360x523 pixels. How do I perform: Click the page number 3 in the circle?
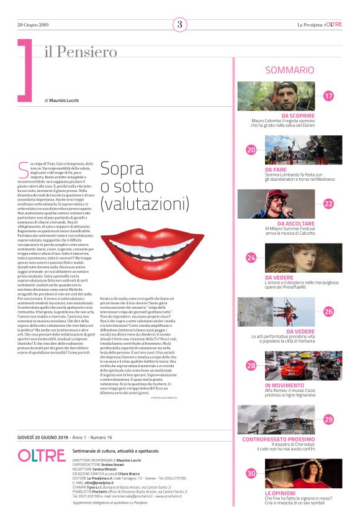(180, 25)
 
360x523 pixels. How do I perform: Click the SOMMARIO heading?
(289, 71)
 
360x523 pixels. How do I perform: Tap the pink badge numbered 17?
(328, 96)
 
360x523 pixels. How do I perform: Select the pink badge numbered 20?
(251, 150)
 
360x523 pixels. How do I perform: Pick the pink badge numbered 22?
(328, 204)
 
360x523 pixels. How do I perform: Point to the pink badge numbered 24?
(251, 257)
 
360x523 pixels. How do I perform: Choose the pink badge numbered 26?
(328, 311)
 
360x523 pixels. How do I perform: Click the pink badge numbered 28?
(251, 365)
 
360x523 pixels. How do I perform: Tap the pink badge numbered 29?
(328, 419)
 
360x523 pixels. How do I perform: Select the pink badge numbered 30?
(251, 473)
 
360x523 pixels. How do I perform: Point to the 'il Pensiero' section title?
(81, 52)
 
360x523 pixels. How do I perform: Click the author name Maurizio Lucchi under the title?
(68, 100)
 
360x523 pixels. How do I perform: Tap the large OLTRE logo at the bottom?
(42, 455)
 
